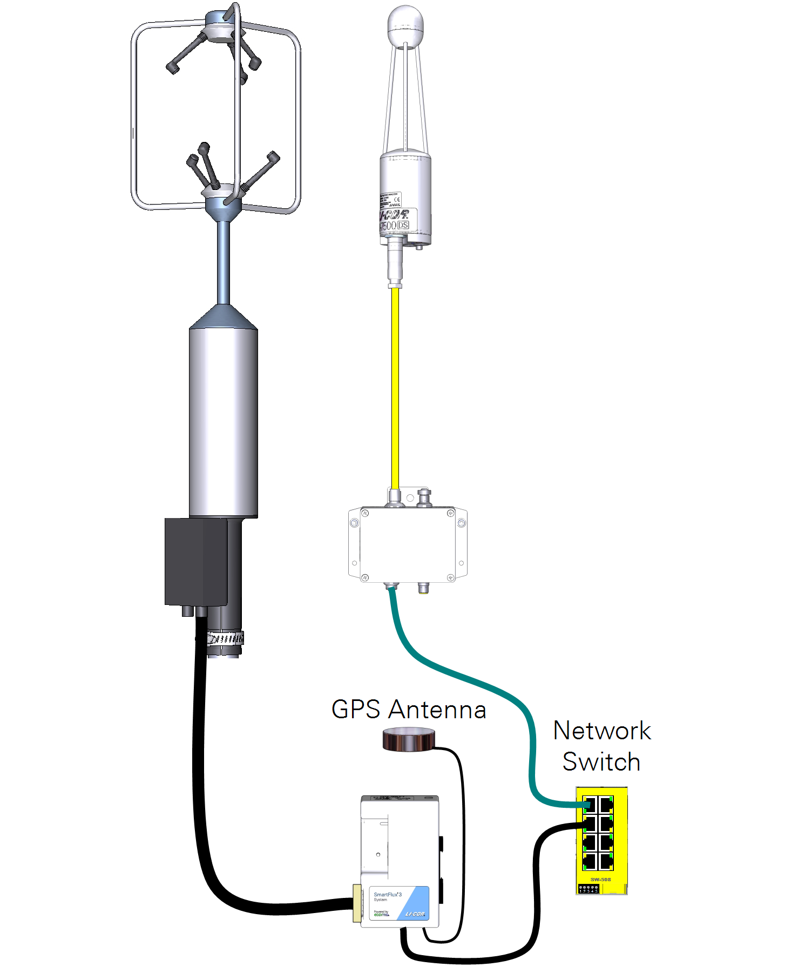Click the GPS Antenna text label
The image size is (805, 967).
click(409, 710)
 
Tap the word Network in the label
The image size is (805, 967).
click(602, 731)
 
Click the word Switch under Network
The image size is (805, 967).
click(601, 762)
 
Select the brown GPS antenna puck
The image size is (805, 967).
click(408, 739)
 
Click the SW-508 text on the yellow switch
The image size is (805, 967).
click(600, 880)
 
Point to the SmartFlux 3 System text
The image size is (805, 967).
click(388, 896)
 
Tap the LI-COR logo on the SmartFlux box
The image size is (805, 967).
click(415, 914)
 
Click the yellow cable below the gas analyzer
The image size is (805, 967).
click(395, 389)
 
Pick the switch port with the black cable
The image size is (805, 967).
click(590, 824)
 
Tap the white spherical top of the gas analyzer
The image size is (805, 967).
click(405, 24)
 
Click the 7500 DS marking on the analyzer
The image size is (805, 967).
click(394, 225)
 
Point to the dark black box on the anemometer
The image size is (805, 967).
click(195, 561)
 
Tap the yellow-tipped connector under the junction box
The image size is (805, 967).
click(424, 588)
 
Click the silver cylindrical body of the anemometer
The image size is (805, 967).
click(223, 421)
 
